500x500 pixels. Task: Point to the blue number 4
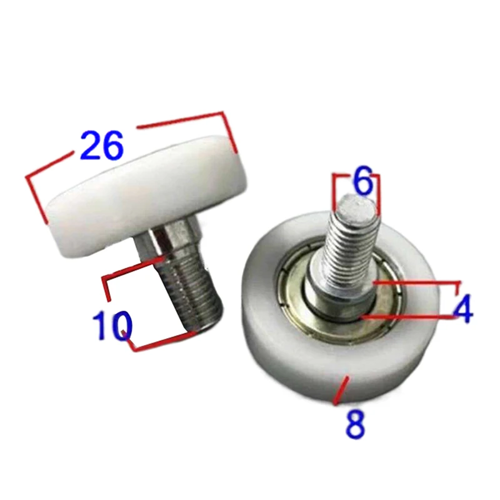(463, 310)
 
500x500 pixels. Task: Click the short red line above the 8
(341, 390)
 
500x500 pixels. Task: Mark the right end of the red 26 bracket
(236, 150)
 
